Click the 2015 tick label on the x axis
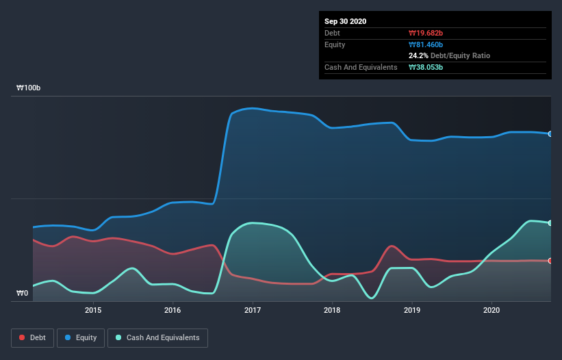pos(93,310)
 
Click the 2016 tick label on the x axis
pos(173,310)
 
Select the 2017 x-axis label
pos(253,310)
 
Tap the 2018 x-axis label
pos(332,310)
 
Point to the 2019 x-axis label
pos(412,310)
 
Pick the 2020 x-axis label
pos(491,310)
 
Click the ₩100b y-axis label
pos(29,88)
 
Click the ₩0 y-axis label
pos(23,294)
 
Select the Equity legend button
pos(81,337)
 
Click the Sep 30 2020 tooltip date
pos(346,21)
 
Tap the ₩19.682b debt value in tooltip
pos(426,33)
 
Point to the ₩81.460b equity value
pos(426,44)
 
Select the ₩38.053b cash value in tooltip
pos(426,67)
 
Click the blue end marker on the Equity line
pos(550,133)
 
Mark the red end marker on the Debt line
pos(550,261)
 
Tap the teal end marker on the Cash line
pos(550,223)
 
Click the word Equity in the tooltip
pos(335,44)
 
